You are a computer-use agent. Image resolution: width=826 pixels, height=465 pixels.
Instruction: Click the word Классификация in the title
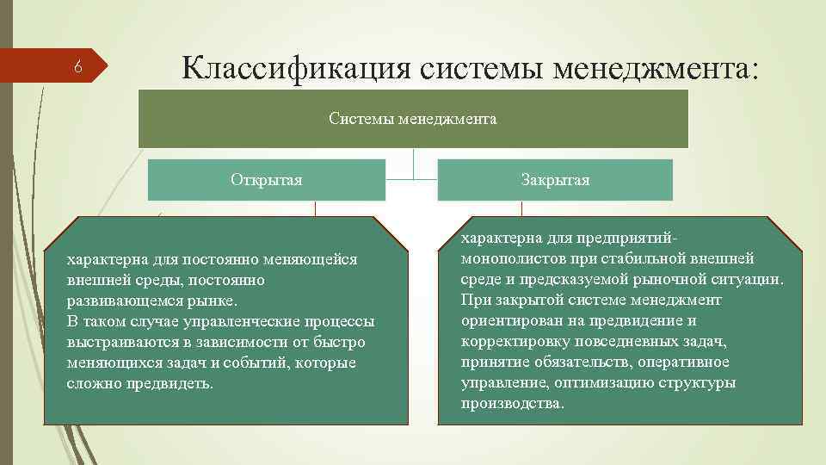(298, 66)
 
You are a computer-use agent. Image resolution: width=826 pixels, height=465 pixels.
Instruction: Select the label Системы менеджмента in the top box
(412, 119)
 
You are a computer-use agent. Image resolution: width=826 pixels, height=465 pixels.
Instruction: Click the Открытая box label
(266, 180)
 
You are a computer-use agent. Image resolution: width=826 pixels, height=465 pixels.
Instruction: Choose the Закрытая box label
(555, 180)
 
